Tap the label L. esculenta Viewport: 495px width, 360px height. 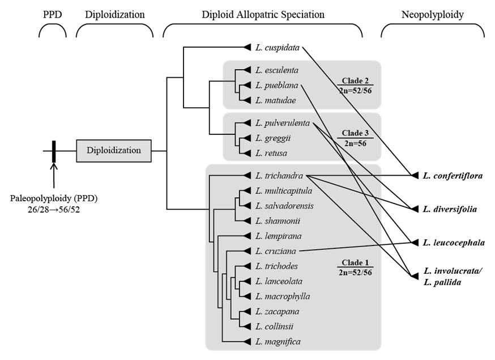pos(277,70)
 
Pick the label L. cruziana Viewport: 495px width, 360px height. pos(276,251)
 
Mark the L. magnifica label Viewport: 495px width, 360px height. pos(278,341)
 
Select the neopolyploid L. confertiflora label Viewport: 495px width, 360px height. pos(453,176)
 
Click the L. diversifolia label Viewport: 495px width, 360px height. pos(450,209)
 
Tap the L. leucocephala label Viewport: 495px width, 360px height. pos(453,243)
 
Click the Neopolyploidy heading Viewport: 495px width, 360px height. pos(432,15)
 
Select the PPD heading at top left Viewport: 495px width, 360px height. pos(53,15)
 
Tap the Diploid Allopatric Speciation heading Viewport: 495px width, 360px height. pos(262,15)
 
